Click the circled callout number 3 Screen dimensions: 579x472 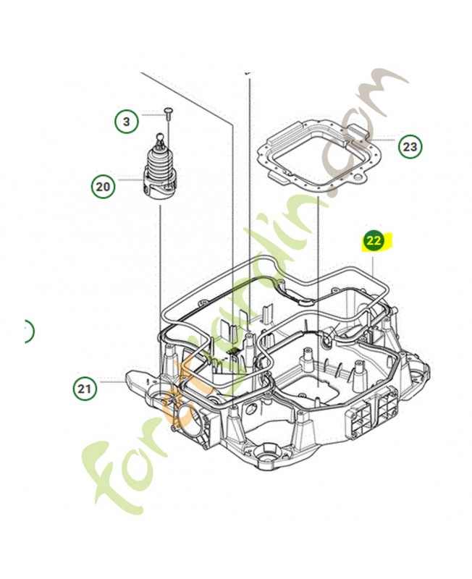click(x=126, y=122)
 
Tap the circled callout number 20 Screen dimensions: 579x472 click(x=103, y=187)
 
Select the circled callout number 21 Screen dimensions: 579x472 click(x=86, y=389)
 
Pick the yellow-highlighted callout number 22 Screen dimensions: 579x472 click(x=374, y=242)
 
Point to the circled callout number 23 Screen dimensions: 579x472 click(x=410, y=148)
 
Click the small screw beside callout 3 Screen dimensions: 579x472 click(x=167, y=112)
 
